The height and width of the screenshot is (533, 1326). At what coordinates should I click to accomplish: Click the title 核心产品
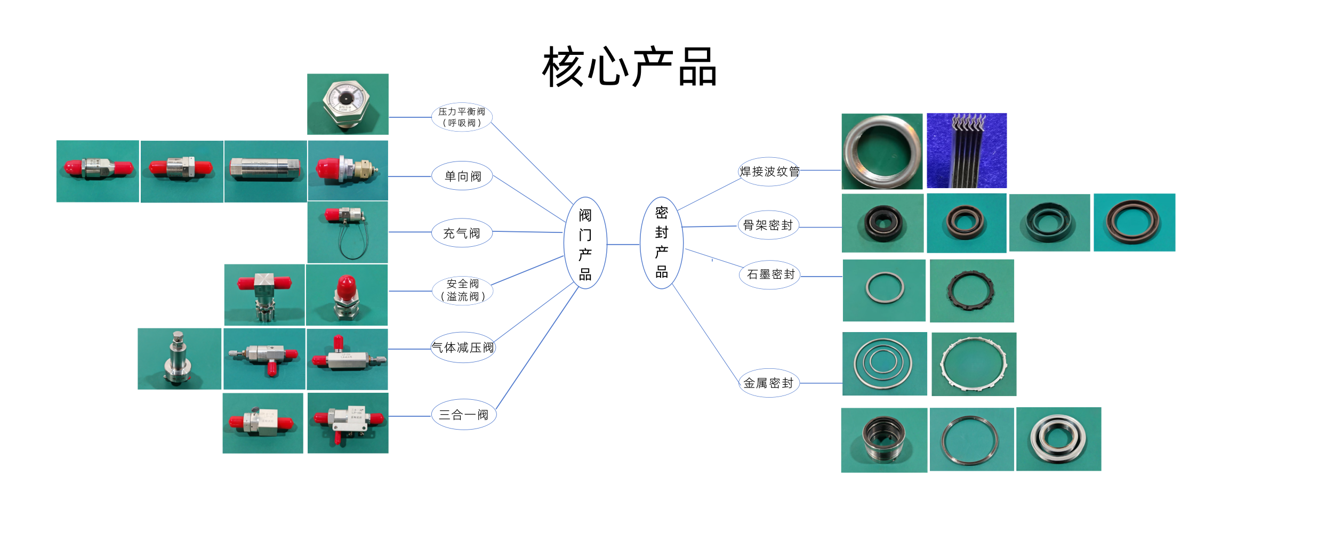[x=629, y=67]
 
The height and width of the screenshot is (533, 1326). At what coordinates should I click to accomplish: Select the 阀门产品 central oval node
[x=585, y=244]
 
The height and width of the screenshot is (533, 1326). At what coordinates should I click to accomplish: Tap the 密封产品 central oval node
[x=661, y=243]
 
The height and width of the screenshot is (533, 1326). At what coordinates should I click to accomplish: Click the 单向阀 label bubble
[x=462, y=176]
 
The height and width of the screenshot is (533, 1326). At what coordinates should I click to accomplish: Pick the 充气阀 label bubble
[x=462, y=233]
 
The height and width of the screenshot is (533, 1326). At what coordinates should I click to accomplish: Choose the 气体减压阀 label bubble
[x=463, y=348]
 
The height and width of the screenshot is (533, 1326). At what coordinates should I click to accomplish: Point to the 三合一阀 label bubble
[x=463, y=415]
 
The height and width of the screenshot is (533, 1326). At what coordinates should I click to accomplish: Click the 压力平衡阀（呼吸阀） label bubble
[x=462, y=117]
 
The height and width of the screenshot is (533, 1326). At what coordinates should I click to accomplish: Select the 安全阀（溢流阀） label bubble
[x=462, y=290]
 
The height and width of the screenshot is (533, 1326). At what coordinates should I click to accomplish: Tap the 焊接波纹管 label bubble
[x=769, y=172]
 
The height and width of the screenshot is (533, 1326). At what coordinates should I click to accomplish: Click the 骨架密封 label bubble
[x=768, y=225]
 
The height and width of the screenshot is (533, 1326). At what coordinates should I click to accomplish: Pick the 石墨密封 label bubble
[x=770, y=274]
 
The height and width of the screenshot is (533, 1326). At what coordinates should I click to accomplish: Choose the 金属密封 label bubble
[x=768, y=383]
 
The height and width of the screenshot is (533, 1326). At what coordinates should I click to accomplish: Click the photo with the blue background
[x=966, y=151]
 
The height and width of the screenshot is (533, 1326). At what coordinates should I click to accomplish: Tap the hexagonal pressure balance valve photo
[x=348, y=104]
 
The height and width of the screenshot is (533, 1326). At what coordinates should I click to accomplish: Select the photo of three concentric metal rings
[x=884, y=364]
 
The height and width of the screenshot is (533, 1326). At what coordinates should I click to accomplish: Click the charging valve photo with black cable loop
[x=348, y=232]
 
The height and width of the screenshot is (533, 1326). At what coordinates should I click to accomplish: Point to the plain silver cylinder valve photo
[x=266, y=171]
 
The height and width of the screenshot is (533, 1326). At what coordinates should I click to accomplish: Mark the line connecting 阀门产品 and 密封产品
[x=623, y=245]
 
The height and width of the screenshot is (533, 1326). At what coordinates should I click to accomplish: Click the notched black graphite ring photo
[x=971, y=291]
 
